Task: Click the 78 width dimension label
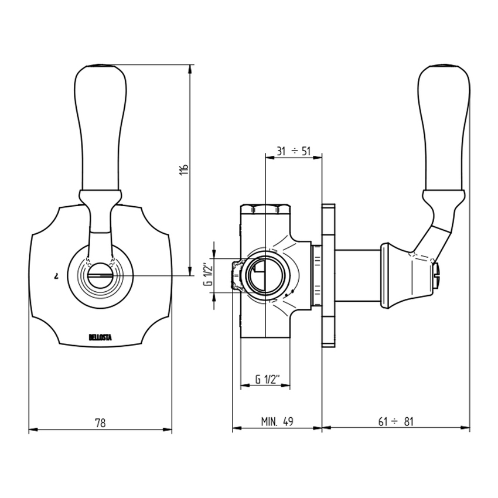(100, 422)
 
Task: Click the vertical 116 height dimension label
(184, 170)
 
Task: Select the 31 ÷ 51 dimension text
(293, 151)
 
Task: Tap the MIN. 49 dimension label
(277, 422)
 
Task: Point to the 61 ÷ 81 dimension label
(395, 422)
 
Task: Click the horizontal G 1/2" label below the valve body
(265, 379)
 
